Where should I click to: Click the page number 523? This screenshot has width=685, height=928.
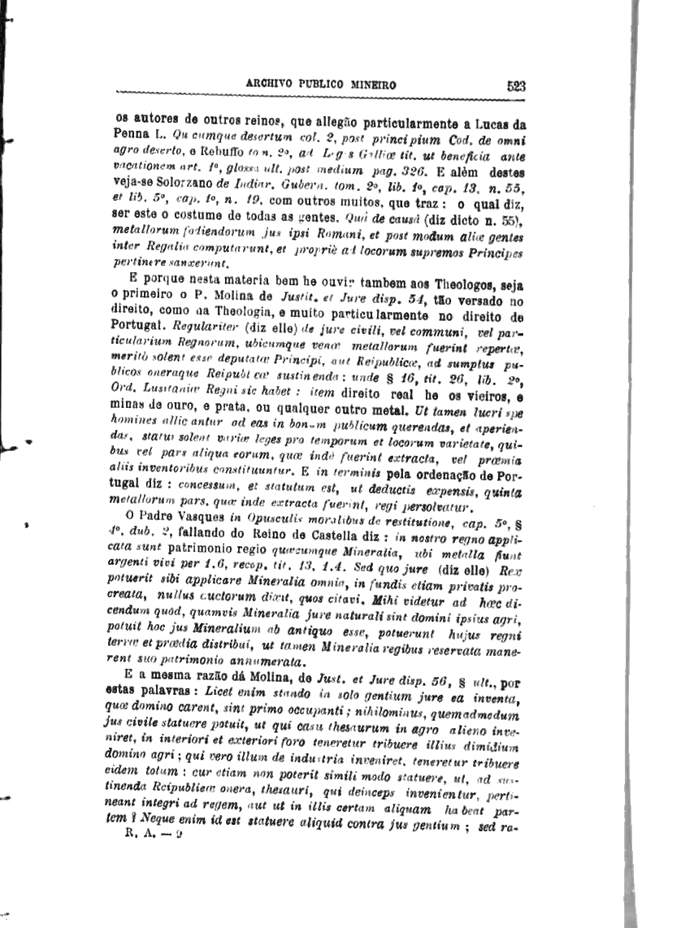pos(516,84)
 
